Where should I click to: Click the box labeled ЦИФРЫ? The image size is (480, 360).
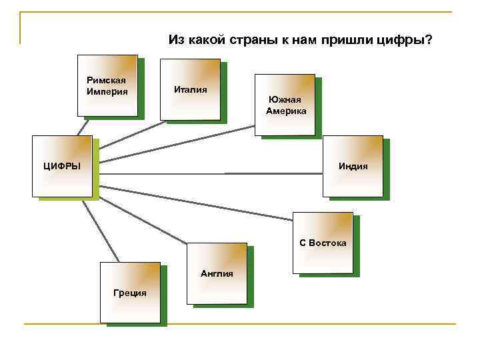click(x=62, y=166)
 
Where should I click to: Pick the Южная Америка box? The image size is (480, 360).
click(x=285, y=104)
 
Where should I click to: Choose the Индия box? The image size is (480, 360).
click(x=353, y=166)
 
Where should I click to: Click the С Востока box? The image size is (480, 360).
click(x=323, y=243)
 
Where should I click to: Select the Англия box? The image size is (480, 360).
click(x=217, y=273)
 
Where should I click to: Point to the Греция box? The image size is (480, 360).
click(x=130, y=293)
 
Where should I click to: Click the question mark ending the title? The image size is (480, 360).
click(x=429, y=41)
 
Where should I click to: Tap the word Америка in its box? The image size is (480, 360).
click(x=286, y=111)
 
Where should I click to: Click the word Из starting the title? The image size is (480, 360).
click(x=176, y=41)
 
